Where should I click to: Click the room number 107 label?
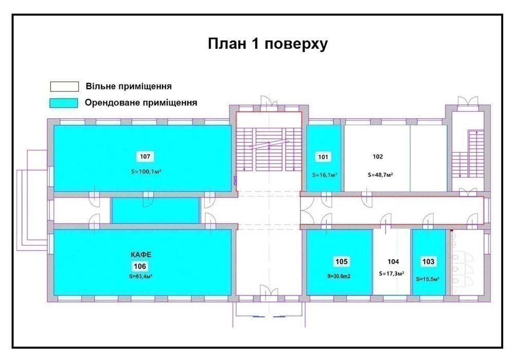click(145, 156)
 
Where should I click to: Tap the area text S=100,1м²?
click(146, 171)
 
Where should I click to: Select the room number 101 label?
click(323, 157)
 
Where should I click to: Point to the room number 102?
click(378, 157)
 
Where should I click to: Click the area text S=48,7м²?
click(380, 175)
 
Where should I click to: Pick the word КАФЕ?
click(141, 255)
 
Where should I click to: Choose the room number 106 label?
click(140, 266)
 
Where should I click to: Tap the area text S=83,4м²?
click(141, 276)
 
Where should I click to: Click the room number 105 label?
click(342, 261)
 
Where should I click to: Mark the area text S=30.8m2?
click(339, 276)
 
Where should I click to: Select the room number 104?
click(393, 261)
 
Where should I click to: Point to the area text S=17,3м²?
click(392, 274)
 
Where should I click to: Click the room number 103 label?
click(428, 261)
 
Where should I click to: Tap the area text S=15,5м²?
click(428, 279)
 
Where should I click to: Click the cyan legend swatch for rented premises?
click(64, 103)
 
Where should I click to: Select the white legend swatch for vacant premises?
click(64, 86)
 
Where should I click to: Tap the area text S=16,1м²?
click(325, 175)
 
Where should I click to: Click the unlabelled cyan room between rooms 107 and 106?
click(155, 210)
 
